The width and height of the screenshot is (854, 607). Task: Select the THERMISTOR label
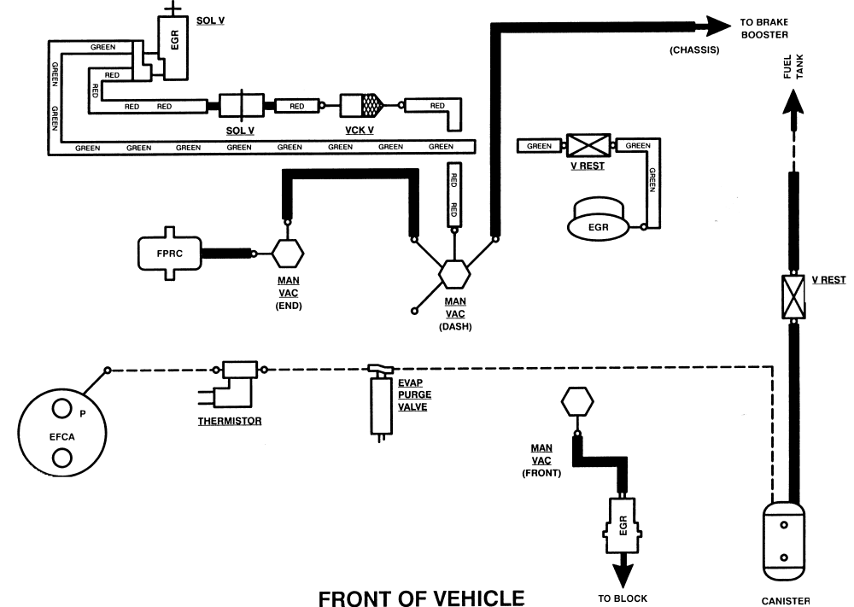230,421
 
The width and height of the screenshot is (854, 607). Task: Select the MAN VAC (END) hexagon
288,254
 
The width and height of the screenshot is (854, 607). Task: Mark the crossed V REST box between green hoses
588,146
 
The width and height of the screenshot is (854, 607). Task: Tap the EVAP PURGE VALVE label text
414,394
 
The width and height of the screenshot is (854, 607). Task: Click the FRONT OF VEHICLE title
420,597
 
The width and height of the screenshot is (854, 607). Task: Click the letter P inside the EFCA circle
83,413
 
